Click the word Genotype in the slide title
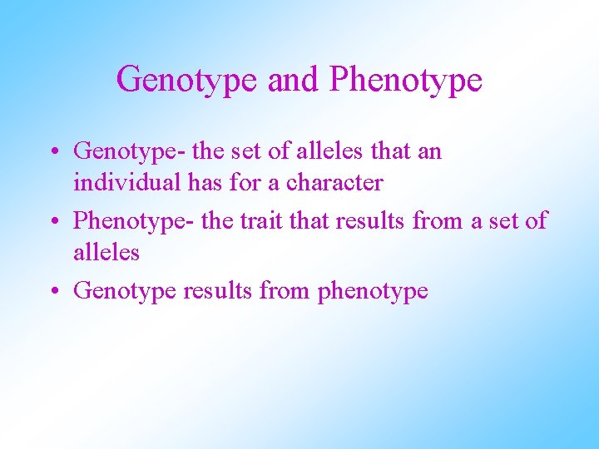click(x=187, y=80)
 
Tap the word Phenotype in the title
click(x=406, y=80)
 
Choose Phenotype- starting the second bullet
click(x=135, y=221)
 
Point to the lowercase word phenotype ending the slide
click(x=373, y=292)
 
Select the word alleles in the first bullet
click(x=326, y=151)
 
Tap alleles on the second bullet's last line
click(x=106, y=251)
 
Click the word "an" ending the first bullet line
click(x=431, y=152)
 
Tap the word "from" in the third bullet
click(x=285, y=291)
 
